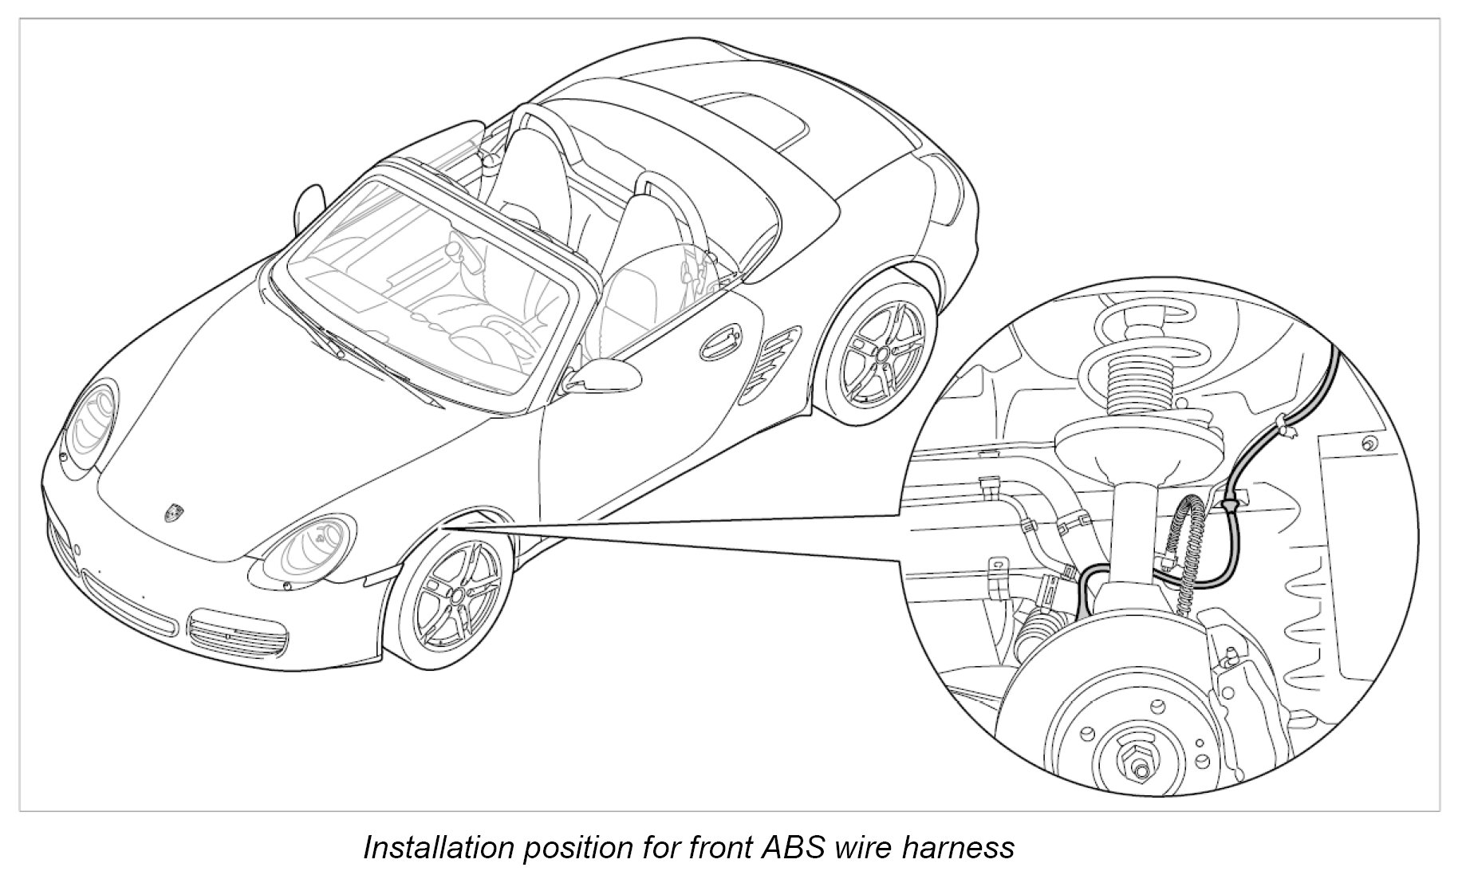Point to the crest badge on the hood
click(173, 512)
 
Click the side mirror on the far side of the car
click(307, 203)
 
